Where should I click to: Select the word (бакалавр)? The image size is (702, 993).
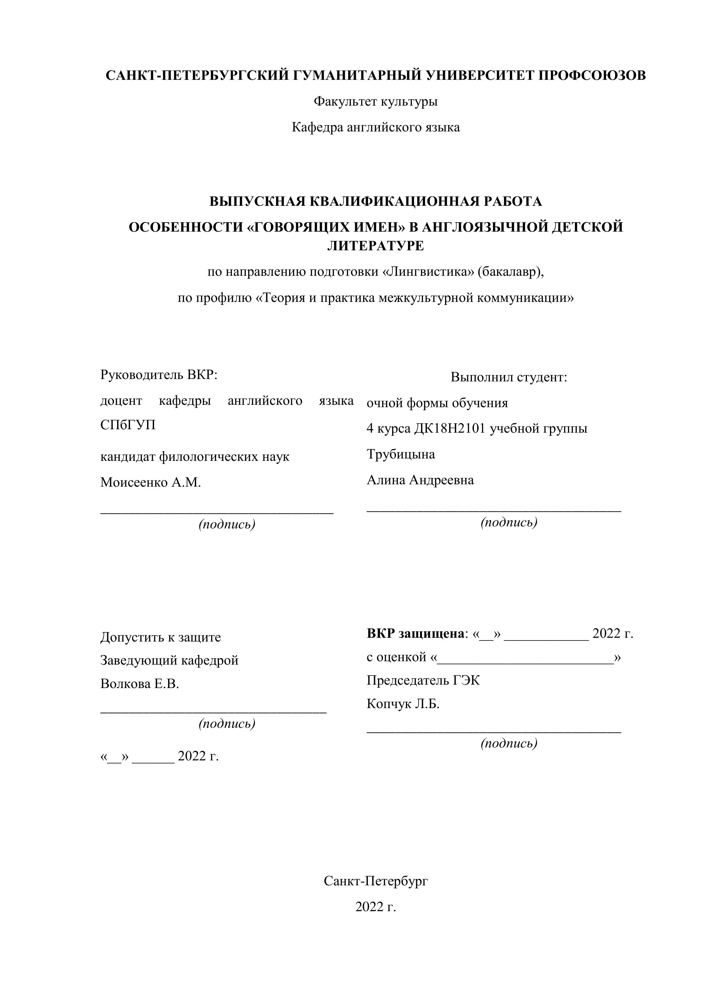tap(510, 272)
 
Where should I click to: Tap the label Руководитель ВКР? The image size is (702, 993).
tap(159, 375)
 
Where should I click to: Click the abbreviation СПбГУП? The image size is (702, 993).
tap(128, 425)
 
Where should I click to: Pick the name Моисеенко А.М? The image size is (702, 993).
tap(150, 482)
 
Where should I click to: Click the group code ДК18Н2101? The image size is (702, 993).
tap(449, 429)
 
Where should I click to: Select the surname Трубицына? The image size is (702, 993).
tap(401, 454)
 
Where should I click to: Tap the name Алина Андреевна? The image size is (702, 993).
tap(420, 480)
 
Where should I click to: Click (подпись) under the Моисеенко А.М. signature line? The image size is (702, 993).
tap(227, 525)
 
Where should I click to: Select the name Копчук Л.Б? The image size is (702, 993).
tap(403, 704)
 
